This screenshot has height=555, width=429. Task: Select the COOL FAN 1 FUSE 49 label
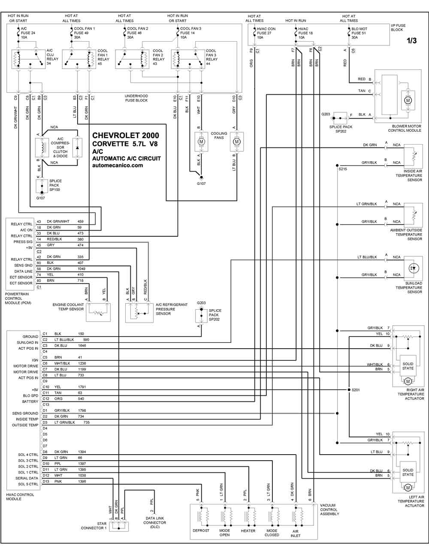point(84,33)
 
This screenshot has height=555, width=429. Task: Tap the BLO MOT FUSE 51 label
point(359,33)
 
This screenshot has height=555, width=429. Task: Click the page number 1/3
point(411,41)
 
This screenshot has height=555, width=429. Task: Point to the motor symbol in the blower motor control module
point(408,100)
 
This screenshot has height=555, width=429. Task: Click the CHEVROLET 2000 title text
point(126,136)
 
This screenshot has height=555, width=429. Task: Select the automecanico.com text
point(118,165)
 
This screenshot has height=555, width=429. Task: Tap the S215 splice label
point(343,169)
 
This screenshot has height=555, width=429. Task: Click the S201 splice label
point(356,390)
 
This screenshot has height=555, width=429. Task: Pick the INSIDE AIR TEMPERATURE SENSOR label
point(413,175)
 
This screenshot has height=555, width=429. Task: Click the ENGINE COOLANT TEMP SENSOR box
point(98,312)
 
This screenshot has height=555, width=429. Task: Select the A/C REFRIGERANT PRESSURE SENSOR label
point(172,309)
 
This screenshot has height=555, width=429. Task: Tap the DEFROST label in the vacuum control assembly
point(201,531)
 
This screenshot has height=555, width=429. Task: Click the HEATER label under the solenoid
point(248,531)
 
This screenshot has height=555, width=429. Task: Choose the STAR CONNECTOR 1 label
point(94,525)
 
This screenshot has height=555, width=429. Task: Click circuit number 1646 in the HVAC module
point(82,345)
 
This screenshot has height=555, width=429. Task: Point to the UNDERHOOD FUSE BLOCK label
point(136,98)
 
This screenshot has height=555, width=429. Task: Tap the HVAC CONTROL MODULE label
point(20,497)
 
